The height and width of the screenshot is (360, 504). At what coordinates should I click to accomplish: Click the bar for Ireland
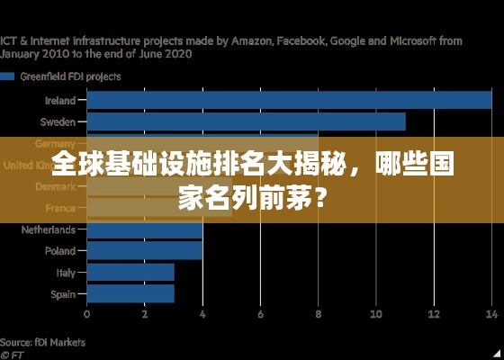pos(289,101)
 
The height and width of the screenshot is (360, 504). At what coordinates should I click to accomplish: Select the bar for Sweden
pos(246,121)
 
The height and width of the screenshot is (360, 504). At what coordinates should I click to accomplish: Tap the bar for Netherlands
pos(144,229)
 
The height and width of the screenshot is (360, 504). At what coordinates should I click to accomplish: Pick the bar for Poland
pos(144,250)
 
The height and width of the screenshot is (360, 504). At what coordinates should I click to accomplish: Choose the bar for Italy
pos(130,272)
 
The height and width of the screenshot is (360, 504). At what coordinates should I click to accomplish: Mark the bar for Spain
pos(130,293)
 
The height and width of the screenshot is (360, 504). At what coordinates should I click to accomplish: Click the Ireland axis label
pos(60,101)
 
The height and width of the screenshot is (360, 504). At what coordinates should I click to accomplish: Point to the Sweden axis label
pos(58,121)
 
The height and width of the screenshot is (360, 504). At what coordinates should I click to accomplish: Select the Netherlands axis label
pos(49,229)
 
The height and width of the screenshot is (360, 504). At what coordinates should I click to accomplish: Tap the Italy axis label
pos(66,272)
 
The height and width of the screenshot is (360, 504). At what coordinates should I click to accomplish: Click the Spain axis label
pos(63,293)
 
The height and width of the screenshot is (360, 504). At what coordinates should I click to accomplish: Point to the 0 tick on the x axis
pos(86,315)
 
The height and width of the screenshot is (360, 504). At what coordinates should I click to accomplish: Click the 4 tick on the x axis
pos(202,315)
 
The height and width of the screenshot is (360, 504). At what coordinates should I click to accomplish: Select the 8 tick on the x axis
pos(318,315)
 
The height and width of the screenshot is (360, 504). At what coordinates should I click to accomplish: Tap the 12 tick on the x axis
pos(434,315)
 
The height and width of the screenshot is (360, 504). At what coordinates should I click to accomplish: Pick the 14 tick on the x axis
pos(490,315)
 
